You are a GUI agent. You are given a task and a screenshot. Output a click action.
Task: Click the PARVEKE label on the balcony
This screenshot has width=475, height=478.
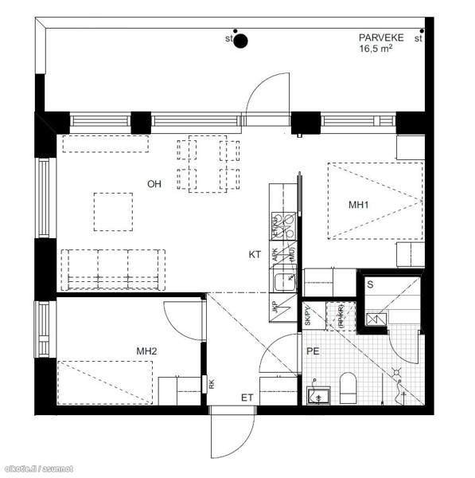(x=381, y=37)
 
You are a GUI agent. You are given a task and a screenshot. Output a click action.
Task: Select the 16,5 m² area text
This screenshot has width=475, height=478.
(x=376, y=49)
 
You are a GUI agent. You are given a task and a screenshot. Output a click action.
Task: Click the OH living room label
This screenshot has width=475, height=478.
(x=154, y=184)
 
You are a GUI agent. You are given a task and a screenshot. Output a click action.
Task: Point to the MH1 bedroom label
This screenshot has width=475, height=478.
(x=360, y=205)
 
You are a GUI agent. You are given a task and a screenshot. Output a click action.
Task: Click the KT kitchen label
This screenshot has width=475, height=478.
(x=255, y=255)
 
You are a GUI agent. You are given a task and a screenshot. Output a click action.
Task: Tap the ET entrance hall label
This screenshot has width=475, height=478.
(x=248, y=396)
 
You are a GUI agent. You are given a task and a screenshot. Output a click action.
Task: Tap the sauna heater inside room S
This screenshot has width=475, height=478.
(x=376, y=319)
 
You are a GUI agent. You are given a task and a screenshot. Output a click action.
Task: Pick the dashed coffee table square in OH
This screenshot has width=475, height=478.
(x=113, y=211)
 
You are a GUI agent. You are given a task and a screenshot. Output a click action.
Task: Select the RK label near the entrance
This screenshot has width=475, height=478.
(x=212, y=384)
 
